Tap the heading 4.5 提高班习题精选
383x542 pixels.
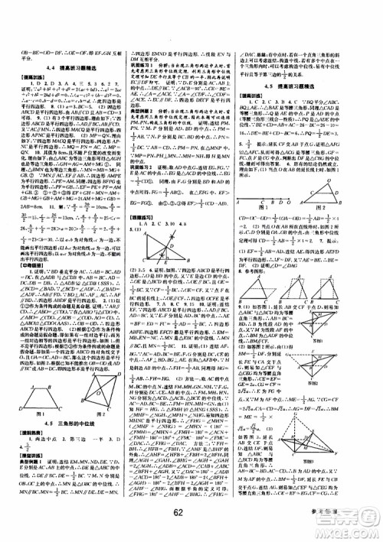point(321,86)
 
